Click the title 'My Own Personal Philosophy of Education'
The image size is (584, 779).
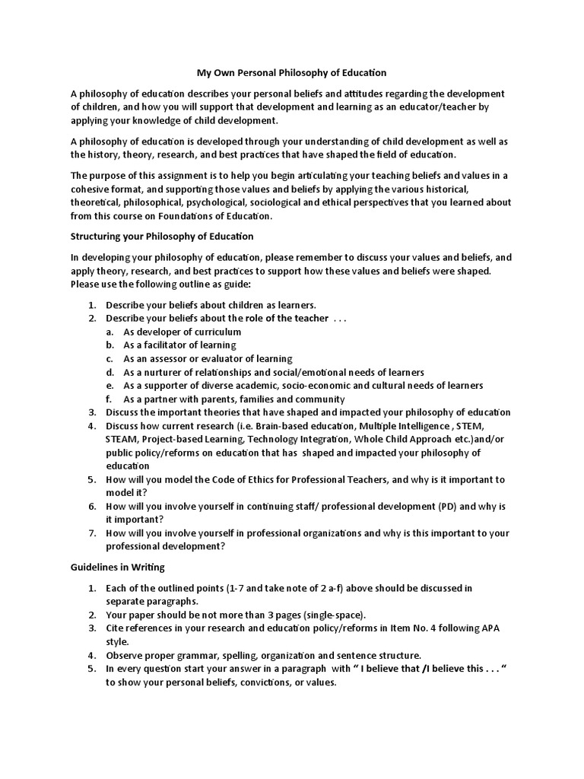(x=292, y=73)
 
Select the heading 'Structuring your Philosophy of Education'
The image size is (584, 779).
(x=162, y=236)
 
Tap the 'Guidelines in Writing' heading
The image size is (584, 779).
(x=117, y=568)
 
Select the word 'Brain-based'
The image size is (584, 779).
(x=262, y=426)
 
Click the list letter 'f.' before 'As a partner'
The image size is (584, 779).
(x=109, y=399)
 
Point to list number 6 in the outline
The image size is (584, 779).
(x=91, y=507)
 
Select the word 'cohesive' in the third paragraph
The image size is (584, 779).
(x=91, y=188)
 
